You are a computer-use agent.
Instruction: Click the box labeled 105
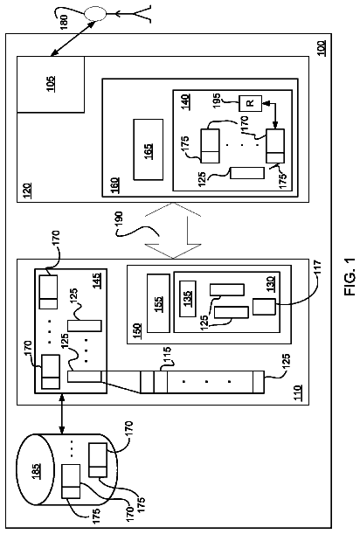pyautogui.click(x=51, y=85)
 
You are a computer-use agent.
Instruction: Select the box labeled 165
pyautogui.click(x=149, y=149)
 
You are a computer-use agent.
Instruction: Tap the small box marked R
pyautogui.click(x=250, y=103)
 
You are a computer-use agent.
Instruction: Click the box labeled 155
pyautogui.click(x=158, y=303)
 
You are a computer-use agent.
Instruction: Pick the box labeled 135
pyautogui.click(x=188, y=295)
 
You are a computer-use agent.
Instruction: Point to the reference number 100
pyautogui.click(x=321, y=48)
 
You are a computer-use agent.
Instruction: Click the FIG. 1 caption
pyautogui.click(x=350, y=276)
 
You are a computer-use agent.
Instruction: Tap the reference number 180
pyautogui.click(x=64, y=21)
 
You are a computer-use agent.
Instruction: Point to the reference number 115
pyautogui.click(x=167, y=356)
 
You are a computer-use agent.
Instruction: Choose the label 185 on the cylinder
pyautogui.click(x=36, y=471)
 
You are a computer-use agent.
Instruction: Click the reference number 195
pyautogui.click(x=216, y=101)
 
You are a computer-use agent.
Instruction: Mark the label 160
pyautogui.click(x=115, y=185)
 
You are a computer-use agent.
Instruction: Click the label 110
pyautogui.click(x=297, y=393)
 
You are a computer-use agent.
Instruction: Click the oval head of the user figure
pyautogui.click(x=95, y=14)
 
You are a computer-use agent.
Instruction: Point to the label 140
pyautogui.click(x=185, y=101)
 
